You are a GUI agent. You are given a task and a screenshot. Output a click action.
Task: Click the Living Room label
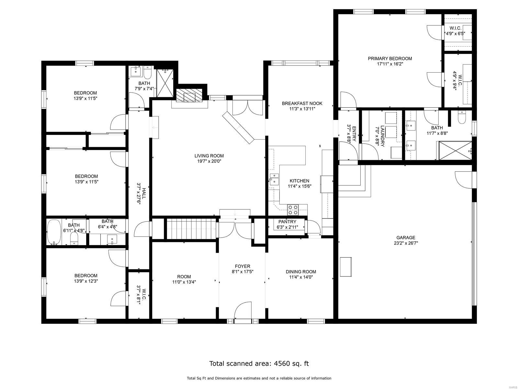click(209, 156)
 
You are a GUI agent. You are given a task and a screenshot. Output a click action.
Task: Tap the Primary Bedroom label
click(390, 59)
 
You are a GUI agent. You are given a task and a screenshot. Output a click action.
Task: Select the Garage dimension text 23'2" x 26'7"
click(406, 243)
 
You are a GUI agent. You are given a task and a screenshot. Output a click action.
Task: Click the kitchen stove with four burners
click(293, 210)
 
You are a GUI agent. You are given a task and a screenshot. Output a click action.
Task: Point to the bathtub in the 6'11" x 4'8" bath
click(54, 232)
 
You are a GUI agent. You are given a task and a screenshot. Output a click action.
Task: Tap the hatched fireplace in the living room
click(189, 95)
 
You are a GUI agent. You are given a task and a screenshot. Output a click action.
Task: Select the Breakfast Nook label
click(302, 103)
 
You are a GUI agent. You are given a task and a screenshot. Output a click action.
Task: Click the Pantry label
click(287, 222)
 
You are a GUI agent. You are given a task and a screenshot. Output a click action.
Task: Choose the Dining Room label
click(301, 272)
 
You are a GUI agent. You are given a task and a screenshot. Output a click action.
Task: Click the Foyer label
click(242, 266)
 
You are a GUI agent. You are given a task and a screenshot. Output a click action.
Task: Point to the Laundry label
click(383, 136)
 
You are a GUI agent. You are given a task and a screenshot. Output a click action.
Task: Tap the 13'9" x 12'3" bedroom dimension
click(86, 281)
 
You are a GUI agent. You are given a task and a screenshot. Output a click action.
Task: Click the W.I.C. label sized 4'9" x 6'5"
click(455, 28)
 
